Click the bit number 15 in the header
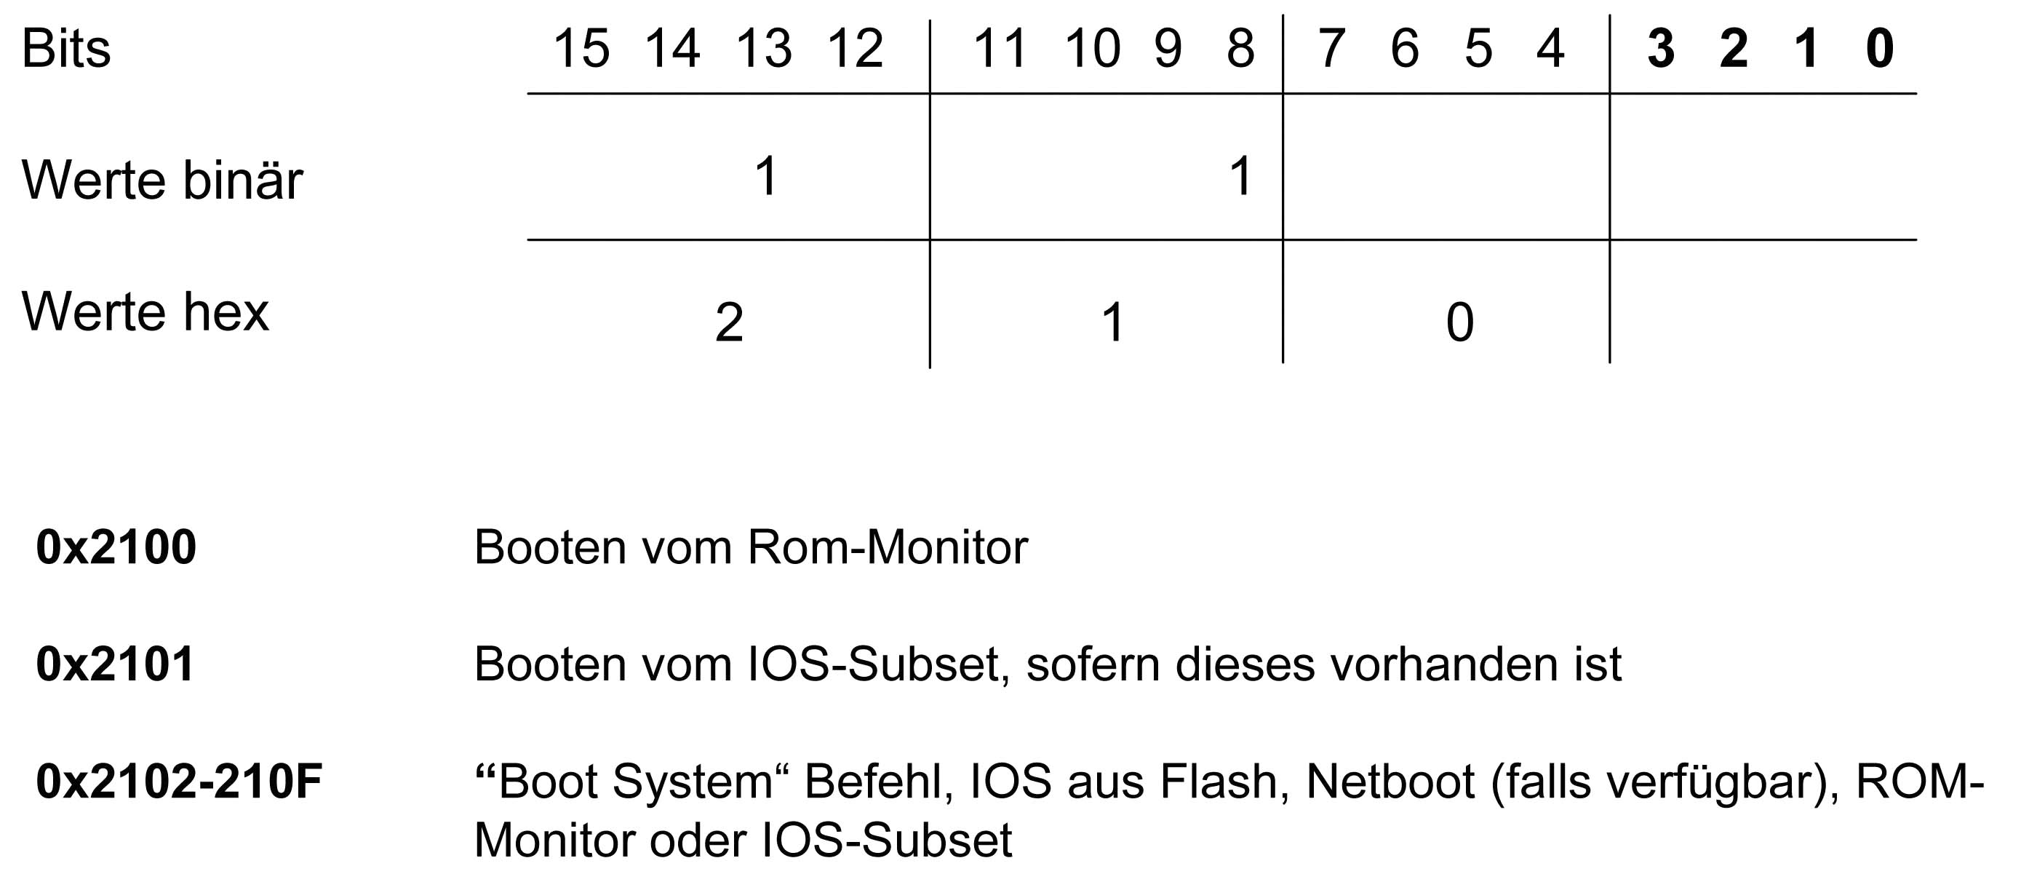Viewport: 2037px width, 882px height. point(581,49)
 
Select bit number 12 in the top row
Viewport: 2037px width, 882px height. point(855,49)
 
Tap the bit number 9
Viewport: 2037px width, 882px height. point(1168,49)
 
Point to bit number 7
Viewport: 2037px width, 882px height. point(1331,49)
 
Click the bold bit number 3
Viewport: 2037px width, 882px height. point(1661,49)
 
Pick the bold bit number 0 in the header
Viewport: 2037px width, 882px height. point(1880,49)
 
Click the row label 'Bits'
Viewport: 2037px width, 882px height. point(66,49)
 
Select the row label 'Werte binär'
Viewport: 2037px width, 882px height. point(162,180)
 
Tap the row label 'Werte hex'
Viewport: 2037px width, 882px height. point(145,311)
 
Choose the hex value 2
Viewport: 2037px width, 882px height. point(729,322)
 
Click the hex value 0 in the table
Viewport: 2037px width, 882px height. point(1460,322)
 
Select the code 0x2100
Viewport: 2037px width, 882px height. point(116,547)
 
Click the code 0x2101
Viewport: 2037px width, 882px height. point(116,664)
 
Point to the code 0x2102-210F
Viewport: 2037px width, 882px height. point(180,782)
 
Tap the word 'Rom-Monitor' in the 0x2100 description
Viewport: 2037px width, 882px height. point(888,547)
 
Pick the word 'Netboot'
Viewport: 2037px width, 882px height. point(1390,782)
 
